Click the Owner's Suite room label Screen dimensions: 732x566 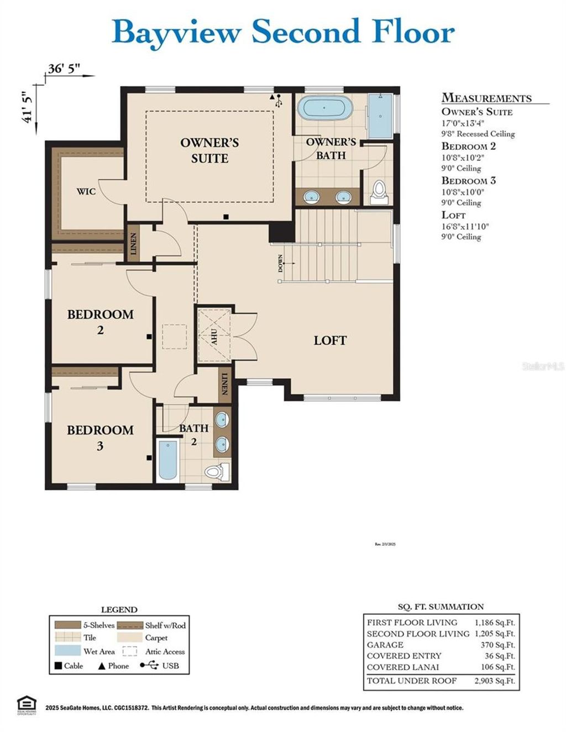click(209, 150)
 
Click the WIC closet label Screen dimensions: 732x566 click(86, 191)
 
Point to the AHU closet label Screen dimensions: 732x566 click(214, 336)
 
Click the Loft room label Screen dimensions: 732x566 click(330, 341)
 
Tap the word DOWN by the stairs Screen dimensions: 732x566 click(280, 263)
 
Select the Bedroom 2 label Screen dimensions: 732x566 click(100, 322)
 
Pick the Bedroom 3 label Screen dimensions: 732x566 click(100, 437)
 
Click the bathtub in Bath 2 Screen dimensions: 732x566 click(167, 459)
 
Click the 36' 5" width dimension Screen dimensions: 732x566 click(64, 69)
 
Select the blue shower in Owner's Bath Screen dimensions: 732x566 click(380, 116)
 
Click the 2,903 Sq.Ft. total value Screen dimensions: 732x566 click(494, 681)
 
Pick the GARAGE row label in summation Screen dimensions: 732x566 click(385, 645)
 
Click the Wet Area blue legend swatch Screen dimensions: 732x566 click(67, 651)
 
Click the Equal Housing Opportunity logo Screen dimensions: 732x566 click(26, 705)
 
